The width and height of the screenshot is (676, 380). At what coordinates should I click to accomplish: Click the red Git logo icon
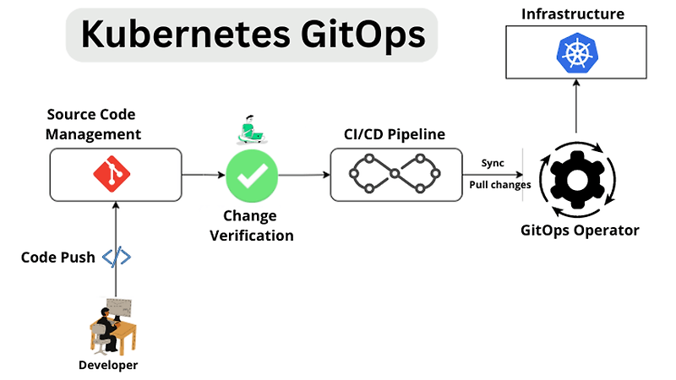tap(117, 174)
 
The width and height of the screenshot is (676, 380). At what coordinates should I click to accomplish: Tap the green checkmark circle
tap(251, 175)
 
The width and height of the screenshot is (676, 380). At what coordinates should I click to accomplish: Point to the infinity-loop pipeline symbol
tap(396, 175)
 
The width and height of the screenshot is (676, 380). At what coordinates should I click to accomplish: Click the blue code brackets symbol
tap(117, 258)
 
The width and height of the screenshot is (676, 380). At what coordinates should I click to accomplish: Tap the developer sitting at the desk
tap(111, 324)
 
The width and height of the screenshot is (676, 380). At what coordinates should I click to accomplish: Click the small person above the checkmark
tap(250, 128)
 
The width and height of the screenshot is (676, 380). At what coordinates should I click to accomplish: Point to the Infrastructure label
tap(572, 14)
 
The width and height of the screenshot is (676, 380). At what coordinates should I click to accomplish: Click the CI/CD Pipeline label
tap(396, 134)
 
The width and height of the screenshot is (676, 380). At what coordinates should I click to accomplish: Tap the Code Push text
tap(57, 258)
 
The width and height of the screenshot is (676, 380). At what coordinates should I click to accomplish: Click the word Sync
tap(493, 162)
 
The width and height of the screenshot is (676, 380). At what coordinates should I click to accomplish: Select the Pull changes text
tap(499, 184)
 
